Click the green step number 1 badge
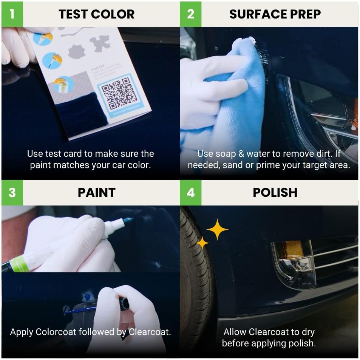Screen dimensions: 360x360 pos(12,14)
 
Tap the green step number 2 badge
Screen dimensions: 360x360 pos(190,14)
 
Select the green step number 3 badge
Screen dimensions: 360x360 pos(12,193)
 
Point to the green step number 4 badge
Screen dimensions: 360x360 pos(190,193)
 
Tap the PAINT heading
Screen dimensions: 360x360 pos(96,193)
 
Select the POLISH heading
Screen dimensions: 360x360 pos(275,193)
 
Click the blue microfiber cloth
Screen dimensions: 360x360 pos(234,98)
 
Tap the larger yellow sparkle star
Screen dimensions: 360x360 pos(217,229)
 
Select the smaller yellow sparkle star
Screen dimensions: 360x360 pos(202,243)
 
